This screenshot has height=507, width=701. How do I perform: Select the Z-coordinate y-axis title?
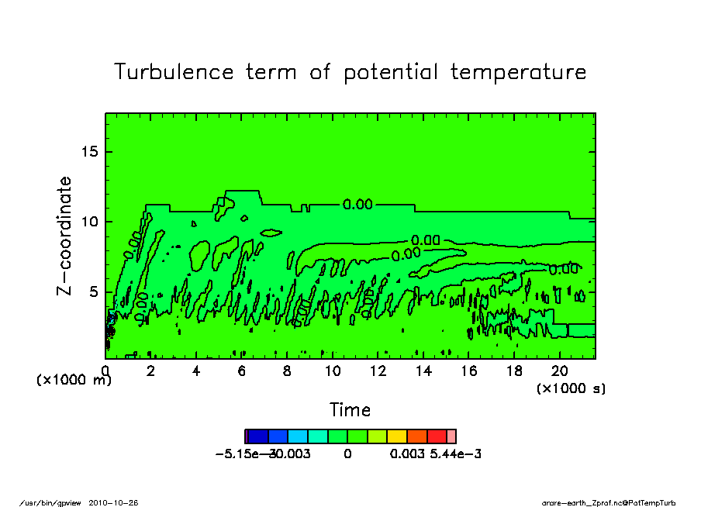tap(65, 236)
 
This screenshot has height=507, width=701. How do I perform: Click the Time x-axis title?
tap(350, 409)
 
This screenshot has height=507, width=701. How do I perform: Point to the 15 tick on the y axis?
tap(91, 151)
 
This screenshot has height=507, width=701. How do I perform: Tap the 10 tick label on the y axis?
tap(91, 222)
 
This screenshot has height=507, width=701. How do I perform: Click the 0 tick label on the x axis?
tap(105, 371)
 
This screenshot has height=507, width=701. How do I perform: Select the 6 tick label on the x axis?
tap(242, 371)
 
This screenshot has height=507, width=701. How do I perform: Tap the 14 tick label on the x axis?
tap(423, 371)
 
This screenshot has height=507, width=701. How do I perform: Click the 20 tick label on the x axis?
tap(560, 371)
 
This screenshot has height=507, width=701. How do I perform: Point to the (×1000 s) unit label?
tap(571, 388)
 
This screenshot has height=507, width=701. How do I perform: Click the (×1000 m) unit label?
tap(74, 381)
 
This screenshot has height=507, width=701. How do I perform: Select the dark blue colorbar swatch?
tap(257, 436)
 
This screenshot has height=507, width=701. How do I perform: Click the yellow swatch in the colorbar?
tap(397, 436)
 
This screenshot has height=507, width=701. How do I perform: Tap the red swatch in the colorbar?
tap(437, 436)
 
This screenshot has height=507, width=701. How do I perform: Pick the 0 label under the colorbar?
tap(347, 454)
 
